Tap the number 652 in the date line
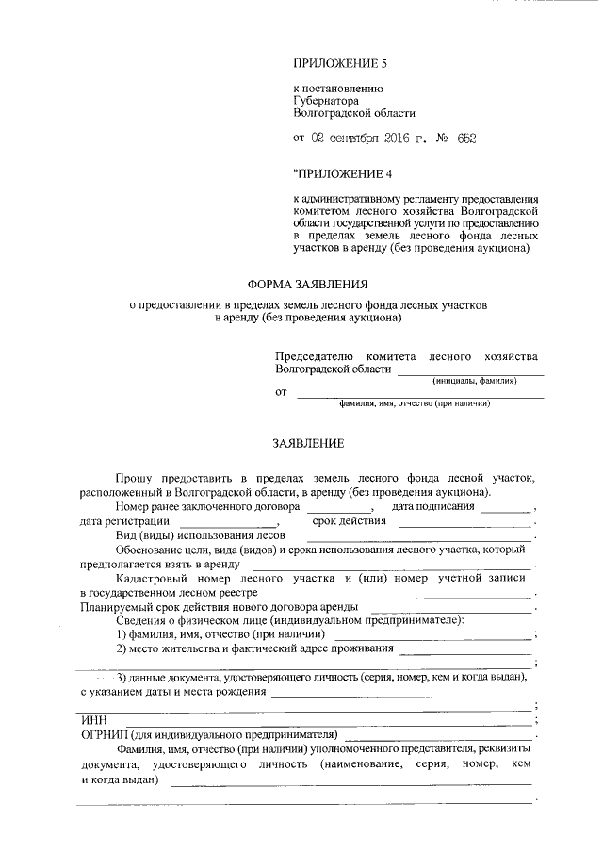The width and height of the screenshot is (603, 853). (466, 139)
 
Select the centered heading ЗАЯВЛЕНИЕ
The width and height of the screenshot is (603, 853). (308, 443)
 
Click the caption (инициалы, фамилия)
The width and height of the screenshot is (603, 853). (476, 381)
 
